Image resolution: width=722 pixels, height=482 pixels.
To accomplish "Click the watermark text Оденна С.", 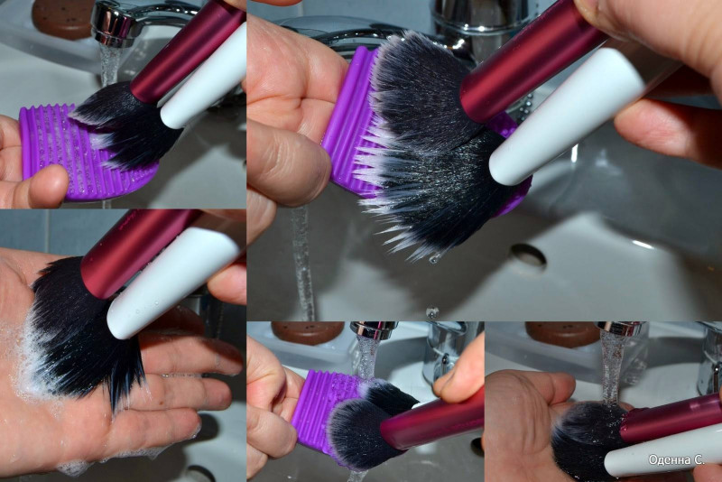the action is pyautogui.click(x=676, y=459).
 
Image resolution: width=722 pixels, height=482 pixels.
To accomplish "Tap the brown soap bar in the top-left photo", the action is pyautogui.click(x=62, y=17).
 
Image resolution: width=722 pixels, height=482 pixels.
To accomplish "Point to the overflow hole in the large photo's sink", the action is pyautogui.click(x=528, y=256).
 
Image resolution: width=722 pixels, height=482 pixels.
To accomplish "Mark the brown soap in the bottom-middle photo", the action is pyautogui.click(x=307, y=332).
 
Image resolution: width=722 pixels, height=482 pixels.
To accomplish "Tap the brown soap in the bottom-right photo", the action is pyautogui.click(x=562, y=333).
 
